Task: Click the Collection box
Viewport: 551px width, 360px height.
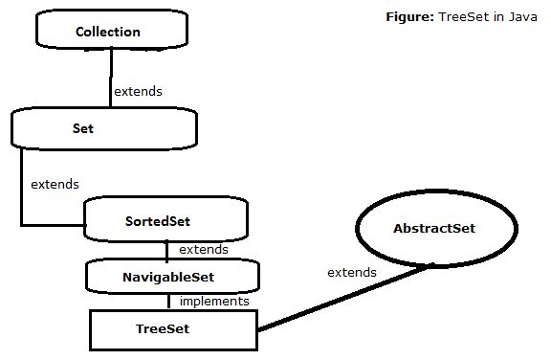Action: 108,31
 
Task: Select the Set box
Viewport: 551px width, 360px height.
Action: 103,127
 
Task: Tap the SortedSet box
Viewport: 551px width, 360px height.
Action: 165,220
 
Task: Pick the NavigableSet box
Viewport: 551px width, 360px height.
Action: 172,277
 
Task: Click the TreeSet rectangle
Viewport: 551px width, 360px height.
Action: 174,329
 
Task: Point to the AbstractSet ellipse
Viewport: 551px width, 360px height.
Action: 434,229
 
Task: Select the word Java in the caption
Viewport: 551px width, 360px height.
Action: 509,18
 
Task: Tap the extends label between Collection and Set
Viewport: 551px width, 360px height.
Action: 138,92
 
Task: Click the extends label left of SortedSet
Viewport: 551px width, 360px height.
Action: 55,183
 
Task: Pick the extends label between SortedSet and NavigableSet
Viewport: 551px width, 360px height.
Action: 204,249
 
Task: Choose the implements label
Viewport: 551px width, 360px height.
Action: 214,301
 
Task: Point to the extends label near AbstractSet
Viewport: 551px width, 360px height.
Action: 352,273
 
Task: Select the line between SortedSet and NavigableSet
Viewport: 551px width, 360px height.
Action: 167,250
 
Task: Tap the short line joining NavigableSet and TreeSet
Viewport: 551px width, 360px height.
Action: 169,301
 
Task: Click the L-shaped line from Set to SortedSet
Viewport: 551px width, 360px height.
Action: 22,191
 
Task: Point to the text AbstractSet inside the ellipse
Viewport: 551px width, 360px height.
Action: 434,229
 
